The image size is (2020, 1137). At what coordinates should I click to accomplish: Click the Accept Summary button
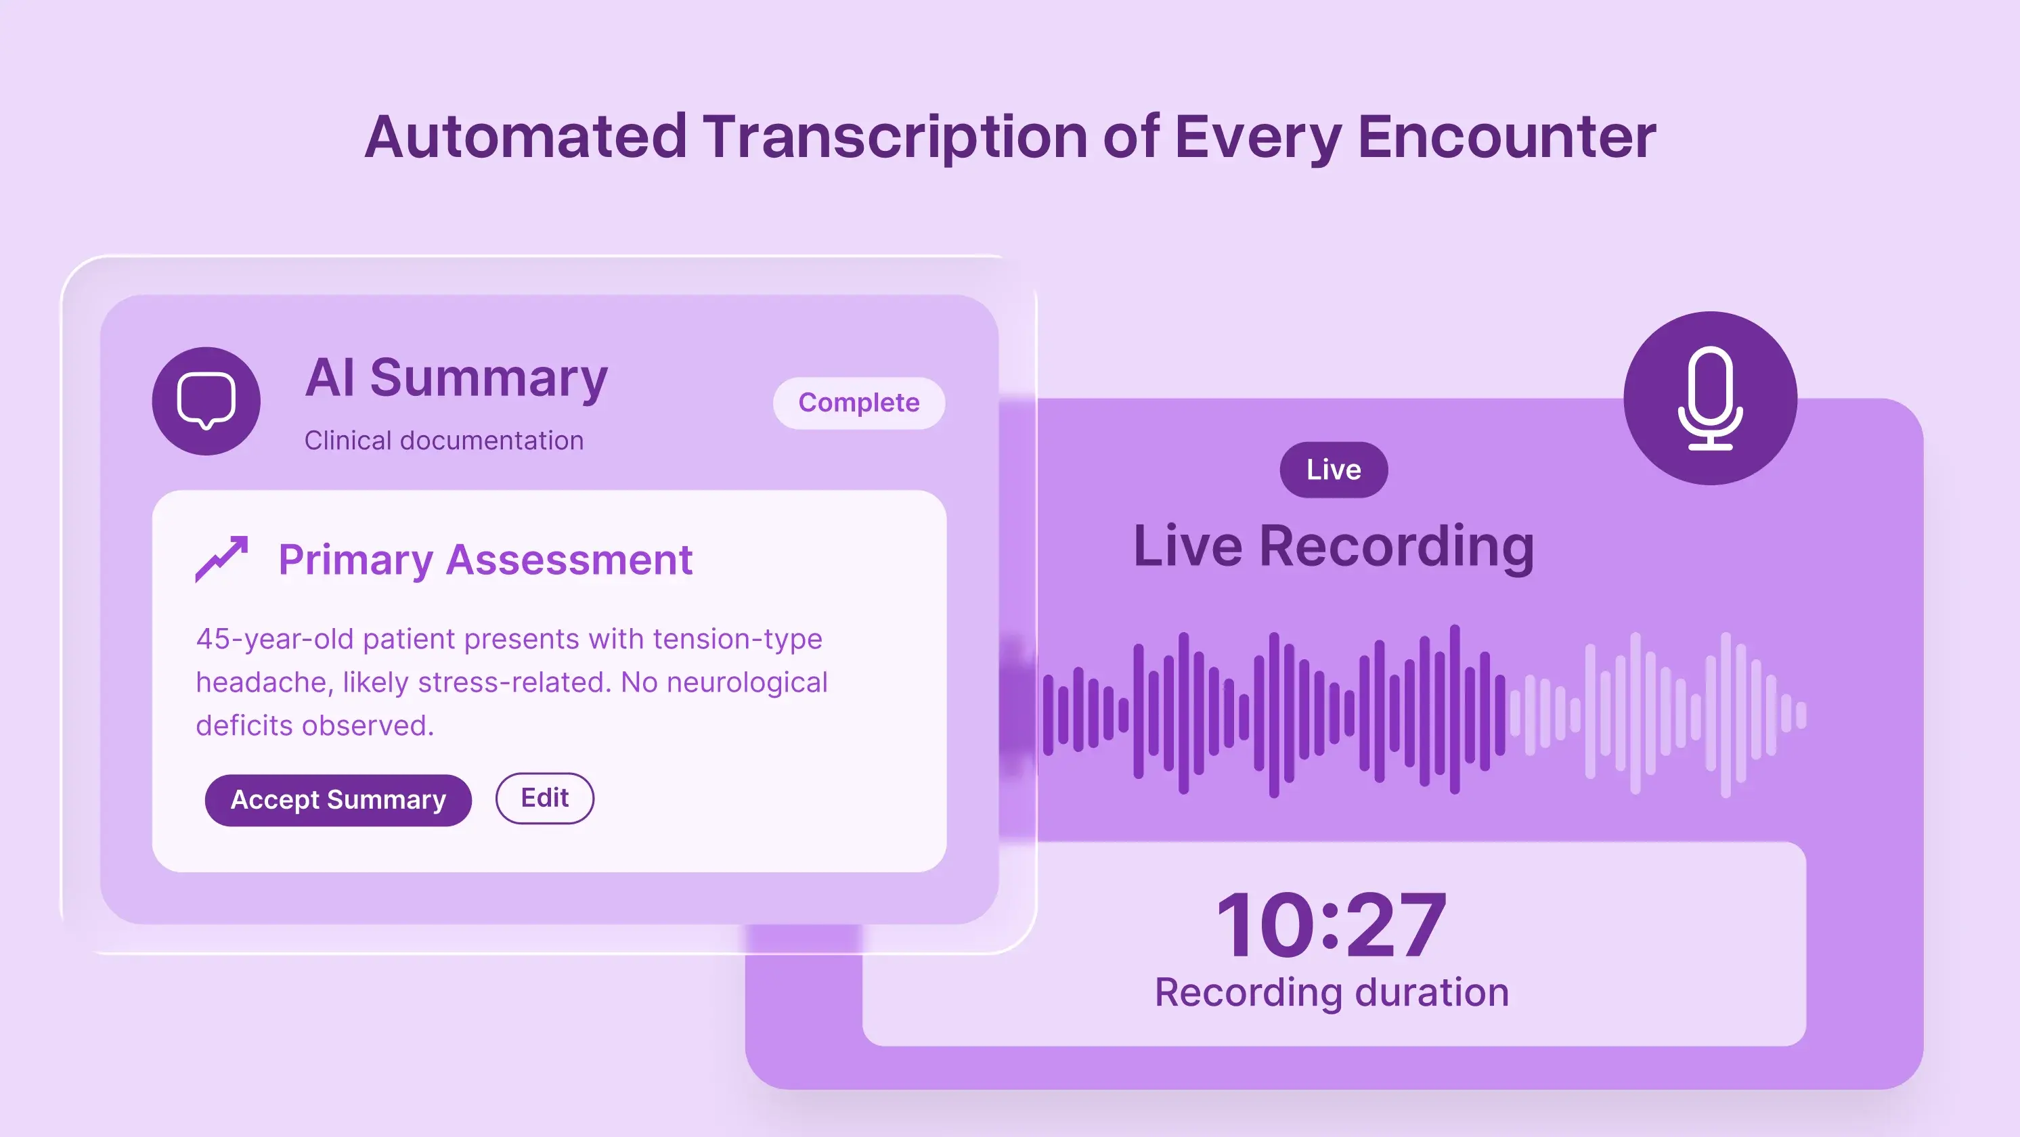[338, 800]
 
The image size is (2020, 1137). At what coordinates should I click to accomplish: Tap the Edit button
[545, 798]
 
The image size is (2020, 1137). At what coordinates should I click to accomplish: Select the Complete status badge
[858, 403]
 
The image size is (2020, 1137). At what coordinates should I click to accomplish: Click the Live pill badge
[1334, 470]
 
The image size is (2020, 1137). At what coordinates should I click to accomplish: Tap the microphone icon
[1710, 399]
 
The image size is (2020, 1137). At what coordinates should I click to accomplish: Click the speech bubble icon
[206, 401]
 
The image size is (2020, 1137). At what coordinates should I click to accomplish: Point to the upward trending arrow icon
[221, 559]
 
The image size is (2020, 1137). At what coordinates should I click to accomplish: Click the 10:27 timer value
[1332, 926]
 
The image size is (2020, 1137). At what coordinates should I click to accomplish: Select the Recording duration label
[1332, 993]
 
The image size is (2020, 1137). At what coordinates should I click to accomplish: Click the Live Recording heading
[1334, 547]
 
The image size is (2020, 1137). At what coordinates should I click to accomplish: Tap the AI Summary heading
[456, 379]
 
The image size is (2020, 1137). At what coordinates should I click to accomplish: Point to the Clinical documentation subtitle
[444, 441]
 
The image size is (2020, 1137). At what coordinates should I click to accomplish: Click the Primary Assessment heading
[485, 560]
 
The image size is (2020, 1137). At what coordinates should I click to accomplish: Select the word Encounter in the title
[1506, 137]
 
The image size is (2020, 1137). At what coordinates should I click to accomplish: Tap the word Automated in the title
[526, 137]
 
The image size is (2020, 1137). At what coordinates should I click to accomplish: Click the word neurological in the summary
[748, 683]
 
